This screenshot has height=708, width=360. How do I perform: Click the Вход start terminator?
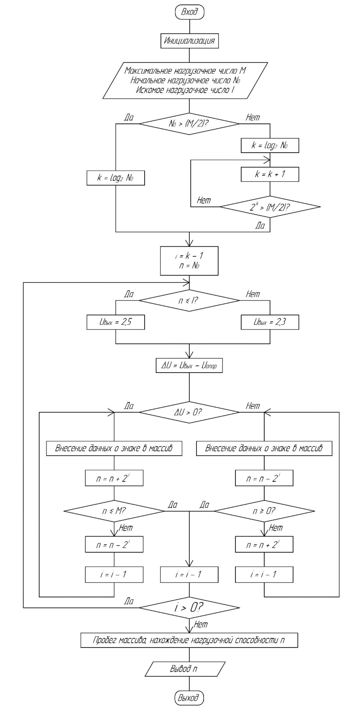189,12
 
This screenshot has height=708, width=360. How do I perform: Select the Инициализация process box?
189,41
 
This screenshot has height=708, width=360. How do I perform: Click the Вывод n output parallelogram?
185,668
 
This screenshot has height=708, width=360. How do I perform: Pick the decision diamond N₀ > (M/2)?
189,124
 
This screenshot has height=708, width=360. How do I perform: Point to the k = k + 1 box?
269,174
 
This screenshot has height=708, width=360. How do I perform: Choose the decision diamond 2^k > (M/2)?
270,207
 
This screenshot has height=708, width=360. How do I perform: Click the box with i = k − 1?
189,260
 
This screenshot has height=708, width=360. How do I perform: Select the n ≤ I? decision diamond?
189,300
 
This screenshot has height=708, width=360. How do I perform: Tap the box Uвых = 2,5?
115,322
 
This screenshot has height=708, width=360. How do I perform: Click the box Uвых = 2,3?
269,322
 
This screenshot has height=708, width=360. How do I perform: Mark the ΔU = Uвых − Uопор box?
189,365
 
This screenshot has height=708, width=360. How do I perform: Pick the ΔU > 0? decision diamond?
189,412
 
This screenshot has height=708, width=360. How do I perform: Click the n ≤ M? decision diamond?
114,511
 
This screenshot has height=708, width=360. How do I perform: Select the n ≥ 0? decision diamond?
264,511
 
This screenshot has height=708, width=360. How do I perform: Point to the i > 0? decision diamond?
189,607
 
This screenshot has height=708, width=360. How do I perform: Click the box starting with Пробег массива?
189,640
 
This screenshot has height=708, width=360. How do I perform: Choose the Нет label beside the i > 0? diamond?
201,625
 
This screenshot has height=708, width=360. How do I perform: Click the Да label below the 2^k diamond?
260,226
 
